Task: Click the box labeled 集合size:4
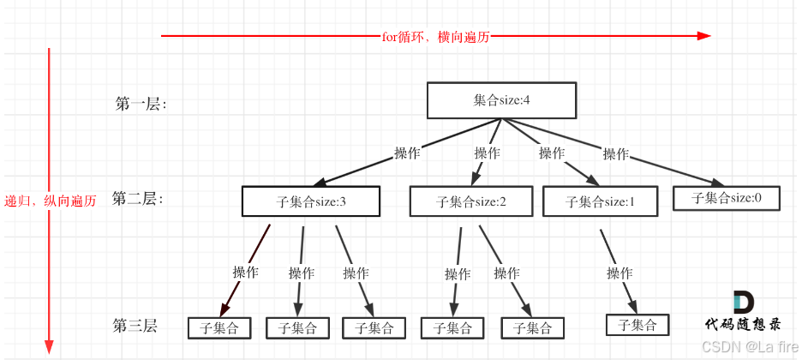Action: pyautogui.click(x=501, y=100)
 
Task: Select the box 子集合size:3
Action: pyautogui.click(x=310, y=202)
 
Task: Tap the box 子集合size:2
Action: pyautogui.click(x=471, y=202)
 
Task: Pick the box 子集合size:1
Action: pyautogui.click(x=600, y=202)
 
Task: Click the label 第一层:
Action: pyautogui.click(x=141, y=104)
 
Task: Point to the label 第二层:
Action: pyautogui.click(x=137, y=199)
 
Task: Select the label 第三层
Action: pyautogui.click(x=135, y=326)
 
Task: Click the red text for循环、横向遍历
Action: pyautogui.click(x=437, y=36)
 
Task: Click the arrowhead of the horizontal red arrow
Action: pyautogui.click(x=704, y=36)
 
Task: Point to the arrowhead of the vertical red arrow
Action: pyautogui.click(x=49, y=348)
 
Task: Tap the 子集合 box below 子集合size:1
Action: pyautogui.click(x=637, y=325)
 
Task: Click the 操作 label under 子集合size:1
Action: pyautogui.click(x=619, y=273)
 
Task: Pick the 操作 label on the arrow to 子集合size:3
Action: pyautogui.click(x=407, y=153)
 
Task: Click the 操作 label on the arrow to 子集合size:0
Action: pyautogui.click(x=615, y=154)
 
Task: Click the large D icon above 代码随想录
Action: pyautogui.click(x=743, y=302)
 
